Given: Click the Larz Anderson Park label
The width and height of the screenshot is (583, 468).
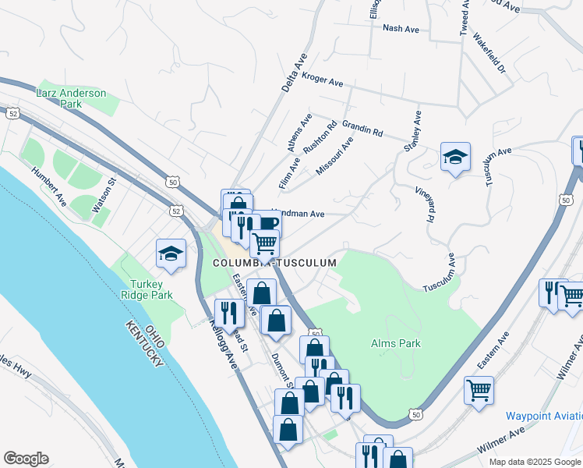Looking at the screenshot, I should click(x=71, y=98).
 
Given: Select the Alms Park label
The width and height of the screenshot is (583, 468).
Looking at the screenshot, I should click(x=396, y=343).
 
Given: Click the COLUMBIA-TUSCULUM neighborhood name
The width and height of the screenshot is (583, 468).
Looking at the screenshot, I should click(x=274, y=264).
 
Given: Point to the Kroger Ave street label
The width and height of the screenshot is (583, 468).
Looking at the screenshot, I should click(x=323, y=80).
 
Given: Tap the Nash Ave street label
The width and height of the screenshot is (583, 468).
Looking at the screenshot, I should click(x=401, y=28).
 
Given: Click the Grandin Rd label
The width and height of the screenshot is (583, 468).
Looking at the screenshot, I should click(x=362, y=128).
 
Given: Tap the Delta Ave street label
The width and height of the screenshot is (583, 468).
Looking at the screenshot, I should click(x=295, y=74).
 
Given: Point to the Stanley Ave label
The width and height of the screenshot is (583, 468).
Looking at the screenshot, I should click(x=412, y=130).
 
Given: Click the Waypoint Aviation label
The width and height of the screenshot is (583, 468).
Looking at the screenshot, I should click(x=543, y=416).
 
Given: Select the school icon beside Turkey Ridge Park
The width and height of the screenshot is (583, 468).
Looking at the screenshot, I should click(x=171, y=254).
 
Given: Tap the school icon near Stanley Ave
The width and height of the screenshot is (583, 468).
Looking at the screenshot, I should click(x=454, y=158).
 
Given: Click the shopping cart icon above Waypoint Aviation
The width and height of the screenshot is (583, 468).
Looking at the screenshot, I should click(x=479, y=390).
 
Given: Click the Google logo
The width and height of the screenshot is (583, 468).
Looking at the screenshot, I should click(x=26, y=459).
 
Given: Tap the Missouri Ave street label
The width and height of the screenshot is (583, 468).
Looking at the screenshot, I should click(x=335, y=155).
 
